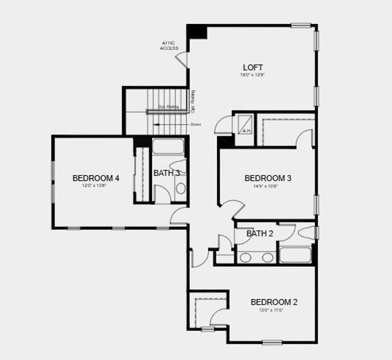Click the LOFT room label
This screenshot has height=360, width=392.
tap(252, 67)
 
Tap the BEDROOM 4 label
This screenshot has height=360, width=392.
tap(96, 178)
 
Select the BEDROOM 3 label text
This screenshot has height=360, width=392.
tap(267, 178)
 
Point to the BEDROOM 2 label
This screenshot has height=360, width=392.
tap(273, 302)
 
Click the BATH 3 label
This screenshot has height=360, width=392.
tap(167, 173)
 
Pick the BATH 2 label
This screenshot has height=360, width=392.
tap(260, 233)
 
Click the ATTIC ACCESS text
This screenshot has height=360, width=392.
tap(170, 46)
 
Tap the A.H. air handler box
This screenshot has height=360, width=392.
tap(246, 130)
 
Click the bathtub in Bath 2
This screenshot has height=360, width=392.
tap(295, 255)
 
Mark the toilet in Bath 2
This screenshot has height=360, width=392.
tap(306, 233)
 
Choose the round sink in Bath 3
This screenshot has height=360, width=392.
tap(180, 188)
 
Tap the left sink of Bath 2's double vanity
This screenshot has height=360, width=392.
tap(245, 257)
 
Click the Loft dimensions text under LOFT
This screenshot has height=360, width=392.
tap(252, 76)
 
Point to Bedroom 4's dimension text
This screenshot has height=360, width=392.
tap(96, 186)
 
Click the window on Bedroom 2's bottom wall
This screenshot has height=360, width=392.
tap(272, 343)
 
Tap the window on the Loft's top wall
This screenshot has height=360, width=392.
tap(301, 25)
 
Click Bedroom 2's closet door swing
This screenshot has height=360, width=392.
tap(218, 317)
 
